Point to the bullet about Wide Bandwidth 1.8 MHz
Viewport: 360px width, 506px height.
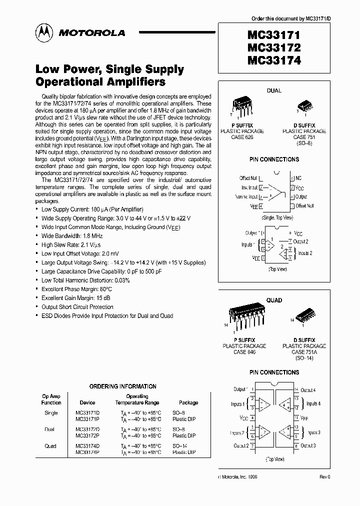click(x=72, y=235)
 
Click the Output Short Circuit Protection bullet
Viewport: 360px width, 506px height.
click(x=77, y=307)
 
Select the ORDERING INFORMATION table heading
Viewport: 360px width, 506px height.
click(x=122, y=386)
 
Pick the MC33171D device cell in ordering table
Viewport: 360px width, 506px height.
click(x=87, y=413)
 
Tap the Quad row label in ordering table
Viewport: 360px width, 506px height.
click(x=50, y=446)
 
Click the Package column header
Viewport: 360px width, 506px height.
click(x=188, y=402)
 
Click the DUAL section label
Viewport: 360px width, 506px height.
click(x=274, y=90)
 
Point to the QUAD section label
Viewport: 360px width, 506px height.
click(x=274, y=300)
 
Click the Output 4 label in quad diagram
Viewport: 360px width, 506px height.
click(x=307, y=390)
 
